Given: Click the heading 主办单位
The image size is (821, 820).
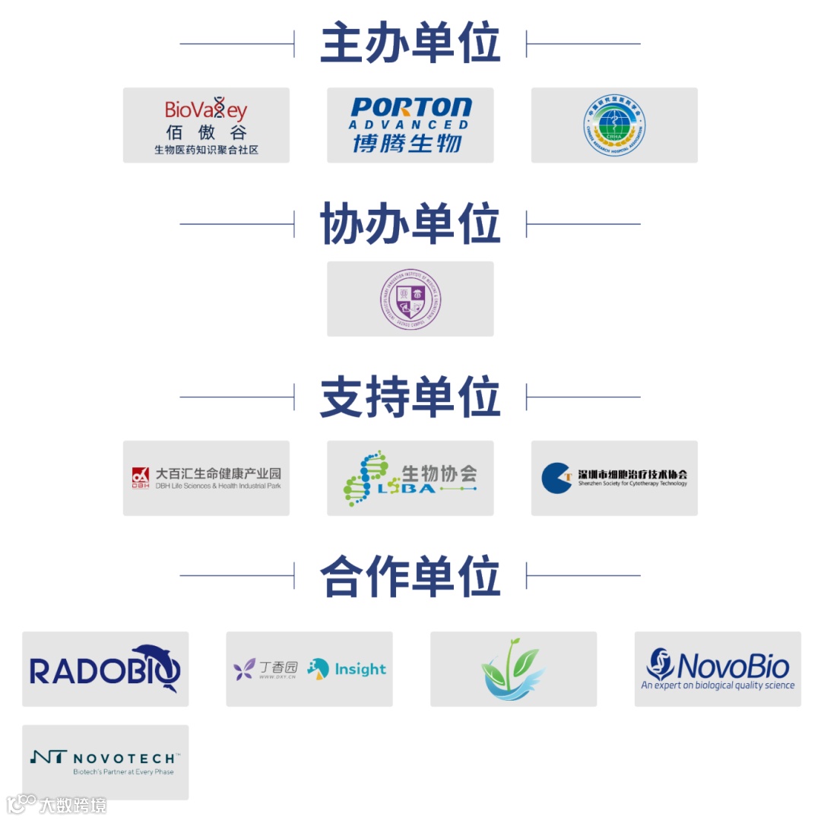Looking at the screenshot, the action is (410, 43).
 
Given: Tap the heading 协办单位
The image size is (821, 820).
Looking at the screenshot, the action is (410, 223).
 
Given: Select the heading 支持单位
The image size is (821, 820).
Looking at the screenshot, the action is (410, 397).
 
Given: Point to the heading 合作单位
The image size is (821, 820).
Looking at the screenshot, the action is (410, 575).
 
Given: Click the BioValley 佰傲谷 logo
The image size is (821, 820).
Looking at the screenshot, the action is (206, 124).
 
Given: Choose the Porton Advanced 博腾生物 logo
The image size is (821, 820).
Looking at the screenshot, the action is (410, 124).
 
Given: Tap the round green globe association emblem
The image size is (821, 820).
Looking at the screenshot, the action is (614, 125).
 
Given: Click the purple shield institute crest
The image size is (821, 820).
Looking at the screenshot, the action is (410, 299).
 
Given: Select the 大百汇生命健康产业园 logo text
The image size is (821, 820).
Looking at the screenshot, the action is (218, 473).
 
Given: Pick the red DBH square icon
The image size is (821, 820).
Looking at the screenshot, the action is (140, 477).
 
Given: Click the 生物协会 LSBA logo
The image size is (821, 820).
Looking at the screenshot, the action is (410, 478).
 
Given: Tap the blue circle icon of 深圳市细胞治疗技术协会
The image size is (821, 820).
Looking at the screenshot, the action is (556, 477).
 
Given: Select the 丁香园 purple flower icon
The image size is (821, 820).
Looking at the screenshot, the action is (244, 670).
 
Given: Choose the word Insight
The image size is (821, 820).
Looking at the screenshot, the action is (360, 670).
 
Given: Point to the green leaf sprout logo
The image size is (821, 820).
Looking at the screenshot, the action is (513, 669).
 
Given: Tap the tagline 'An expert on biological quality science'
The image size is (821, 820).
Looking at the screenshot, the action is (718, 685).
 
